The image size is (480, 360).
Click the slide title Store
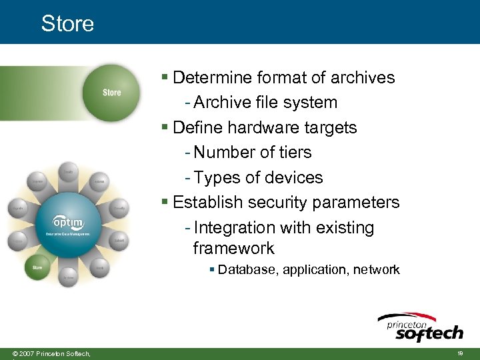67,23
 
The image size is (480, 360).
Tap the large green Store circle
111,93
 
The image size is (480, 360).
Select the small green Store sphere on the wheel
37,268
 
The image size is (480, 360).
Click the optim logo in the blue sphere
68,222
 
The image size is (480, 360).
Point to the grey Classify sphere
119,209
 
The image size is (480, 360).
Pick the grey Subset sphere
119,241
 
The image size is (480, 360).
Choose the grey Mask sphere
99,267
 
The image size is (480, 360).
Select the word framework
233,249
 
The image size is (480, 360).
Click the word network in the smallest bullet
376,270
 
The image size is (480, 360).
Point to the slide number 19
460,353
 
